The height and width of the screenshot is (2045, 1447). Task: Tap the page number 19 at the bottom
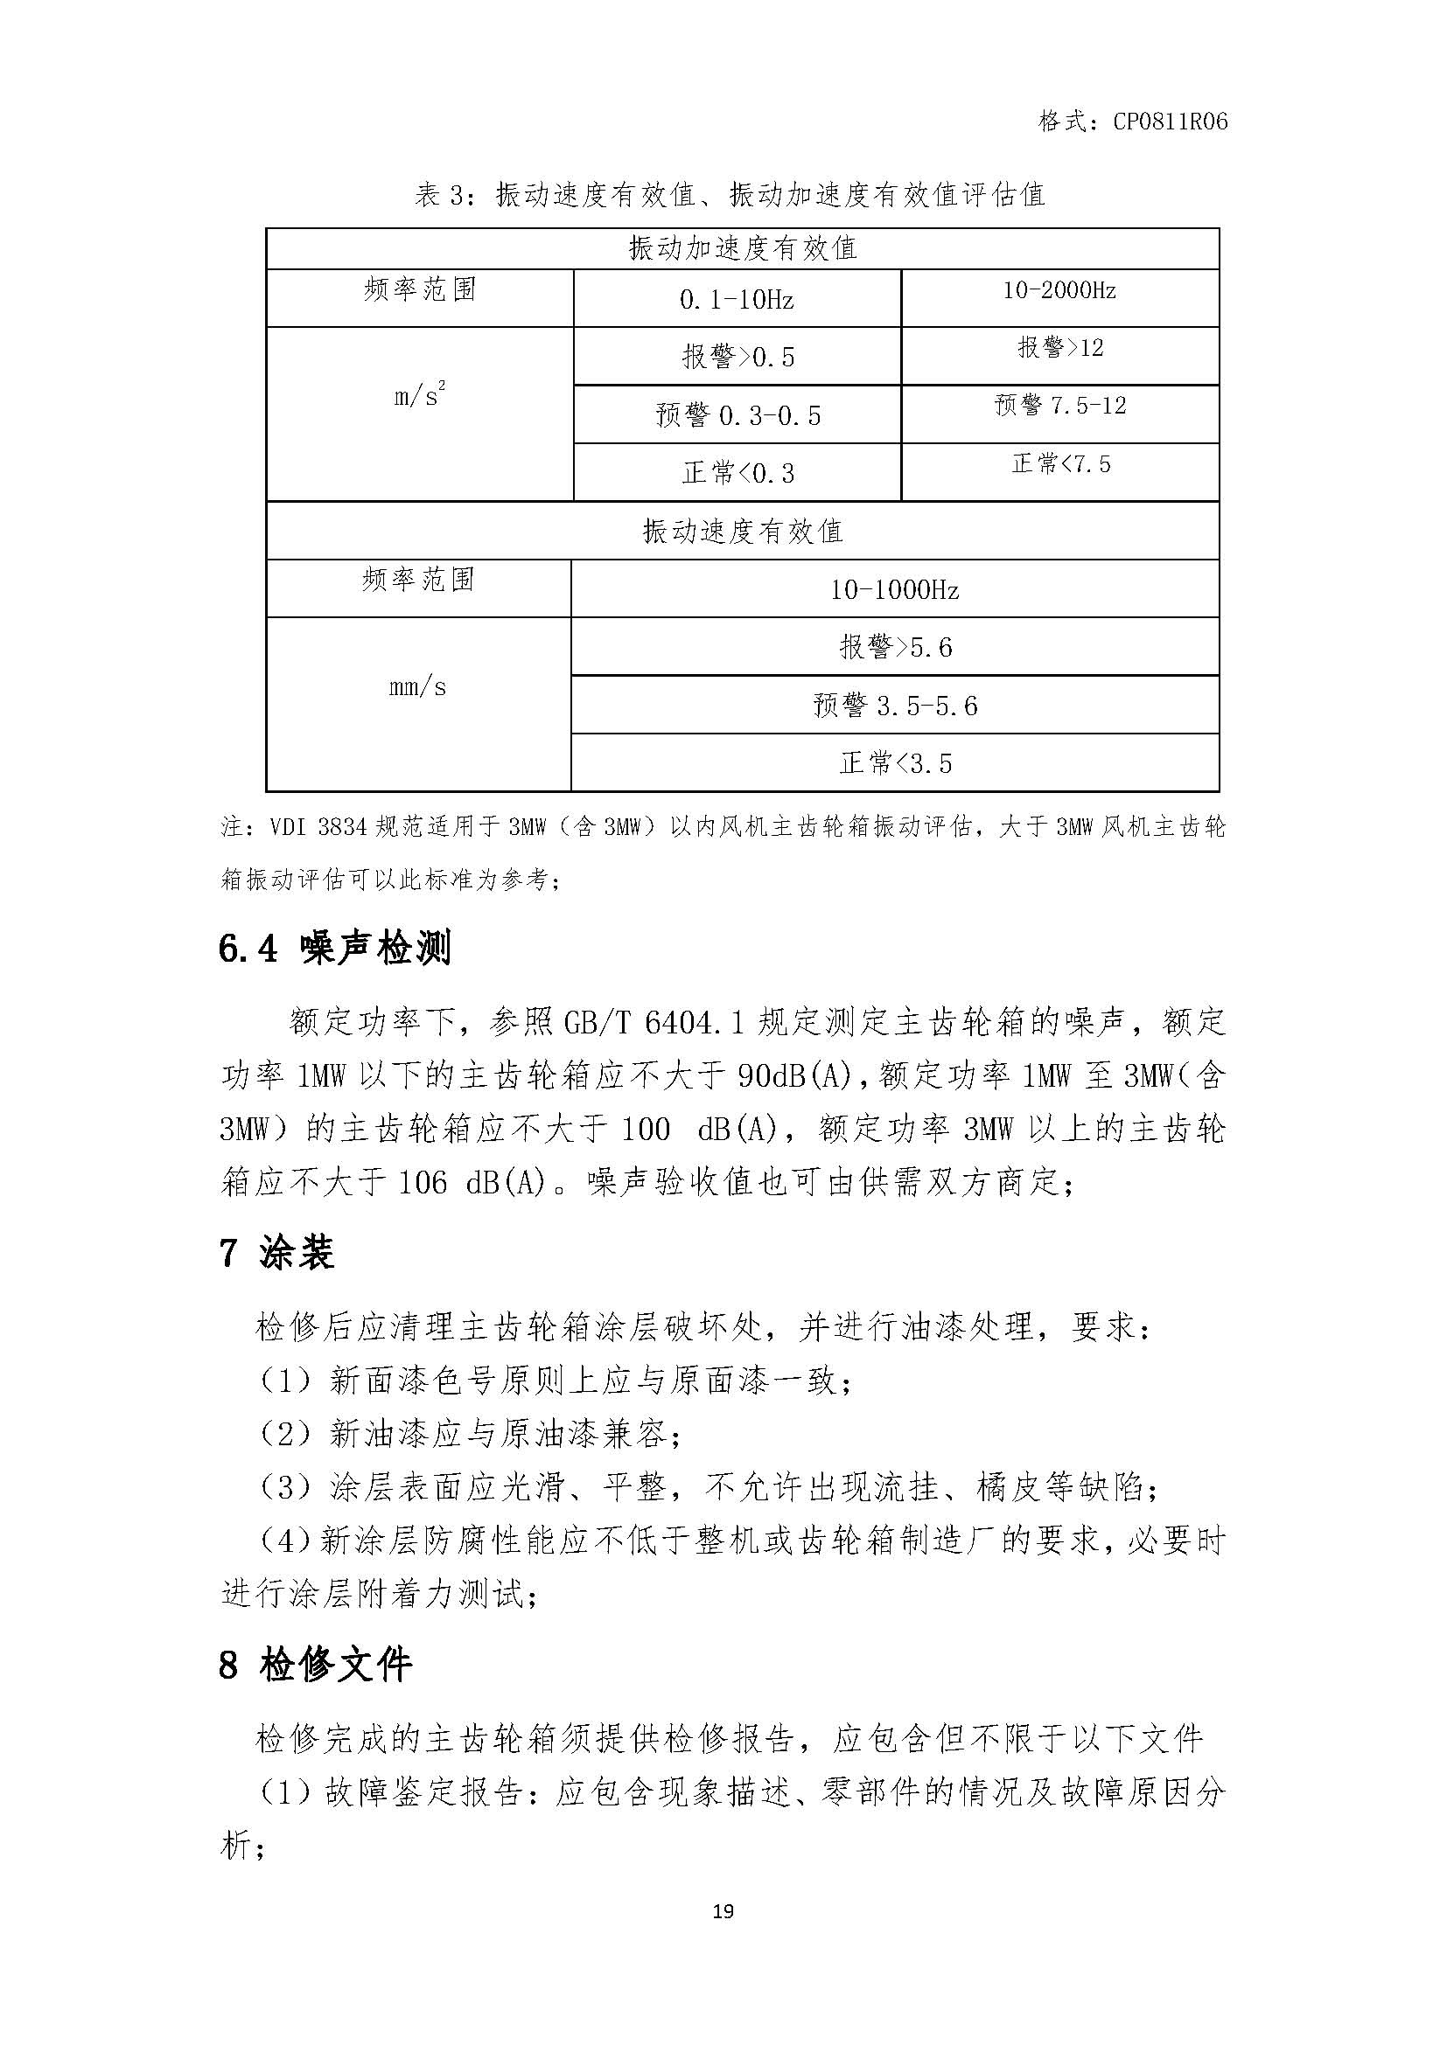point(723,1910)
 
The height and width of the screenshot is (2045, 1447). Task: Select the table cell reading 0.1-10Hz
point(736,300)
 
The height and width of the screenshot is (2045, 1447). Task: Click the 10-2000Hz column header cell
point(1059,290)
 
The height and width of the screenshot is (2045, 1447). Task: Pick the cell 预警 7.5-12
point(1060,407)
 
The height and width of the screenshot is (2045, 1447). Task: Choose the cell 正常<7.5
point(1060,464)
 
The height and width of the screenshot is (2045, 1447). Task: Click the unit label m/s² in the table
point(420,395)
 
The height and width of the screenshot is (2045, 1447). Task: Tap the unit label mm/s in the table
point(418,686)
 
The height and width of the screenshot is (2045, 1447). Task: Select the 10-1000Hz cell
point(895,589)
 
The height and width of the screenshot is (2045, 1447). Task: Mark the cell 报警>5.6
point(896,648)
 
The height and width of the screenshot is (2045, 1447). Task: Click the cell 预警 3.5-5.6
point(896,706)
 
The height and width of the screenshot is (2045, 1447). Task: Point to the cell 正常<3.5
point(896,763)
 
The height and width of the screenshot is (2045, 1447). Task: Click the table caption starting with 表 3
point(730,194)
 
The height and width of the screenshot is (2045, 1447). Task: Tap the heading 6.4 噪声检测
point(335,948)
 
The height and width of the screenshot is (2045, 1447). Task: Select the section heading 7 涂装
point(276,1253)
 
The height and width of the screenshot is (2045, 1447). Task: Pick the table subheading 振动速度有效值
point(742,532)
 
